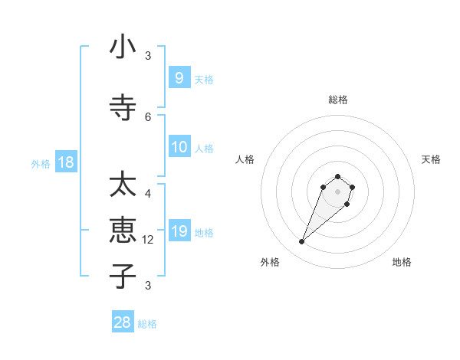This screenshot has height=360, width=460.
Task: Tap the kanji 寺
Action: tap(123, 108)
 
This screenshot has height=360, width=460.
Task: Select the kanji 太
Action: tap(123, 186)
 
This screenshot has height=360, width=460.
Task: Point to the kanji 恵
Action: tap(123, 230)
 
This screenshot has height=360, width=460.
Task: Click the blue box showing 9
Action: tap(179, 78)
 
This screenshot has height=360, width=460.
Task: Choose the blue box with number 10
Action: tap(179, 147)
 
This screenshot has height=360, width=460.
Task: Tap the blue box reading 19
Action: tap(179, 231)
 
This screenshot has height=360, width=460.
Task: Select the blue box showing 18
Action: tap(65, 162)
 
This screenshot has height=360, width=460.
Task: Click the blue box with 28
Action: tap(123, 322)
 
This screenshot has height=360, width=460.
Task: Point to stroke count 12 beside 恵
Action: tap(149, 240)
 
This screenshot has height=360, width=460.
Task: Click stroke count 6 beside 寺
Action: tap(148, 116)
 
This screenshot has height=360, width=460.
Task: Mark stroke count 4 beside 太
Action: tap(148, 194)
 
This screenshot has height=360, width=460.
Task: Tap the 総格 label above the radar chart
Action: tap(338, 100)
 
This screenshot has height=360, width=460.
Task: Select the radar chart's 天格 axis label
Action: tap(431, 159)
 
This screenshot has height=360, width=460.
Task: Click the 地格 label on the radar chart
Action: tap(402, 262)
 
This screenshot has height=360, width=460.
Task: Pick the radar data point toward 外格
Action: tap(302, 242)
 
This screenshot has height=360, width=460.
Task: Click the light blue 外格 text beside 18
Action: tap(41, 163)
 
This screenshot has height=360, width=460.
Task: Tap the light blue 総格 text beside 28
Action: tap(147, 324)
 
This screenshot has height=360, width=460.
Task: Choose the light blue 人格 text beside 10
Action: tap(204, 148)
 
